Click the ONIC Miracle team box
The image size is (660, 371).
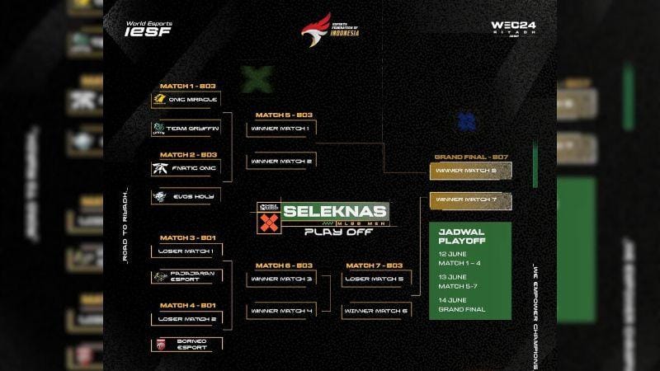pos(186,100)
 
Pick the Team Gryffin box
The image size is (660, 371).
pos(186,129)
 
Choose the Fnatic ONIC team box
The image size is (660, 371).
pos(186,168)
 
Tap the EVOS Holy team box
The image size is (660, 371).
pos(186,196)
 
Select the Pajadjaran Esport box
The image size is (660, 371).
pos(186,277)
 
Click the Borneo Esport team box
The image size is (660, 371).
pos(186,344)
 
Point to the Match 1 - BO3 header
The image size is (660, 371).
pos(188,86)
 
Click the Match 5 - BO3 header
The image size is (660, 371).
pos(284,115)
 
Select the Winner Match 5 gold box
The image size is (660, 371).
pos(471,171)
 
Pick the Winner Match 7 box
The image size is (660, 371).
pos(471,200)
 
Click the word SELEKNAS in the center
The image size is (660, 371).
pos(334,210)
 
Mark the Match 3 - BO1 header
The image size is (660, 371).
pos(188,237)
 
